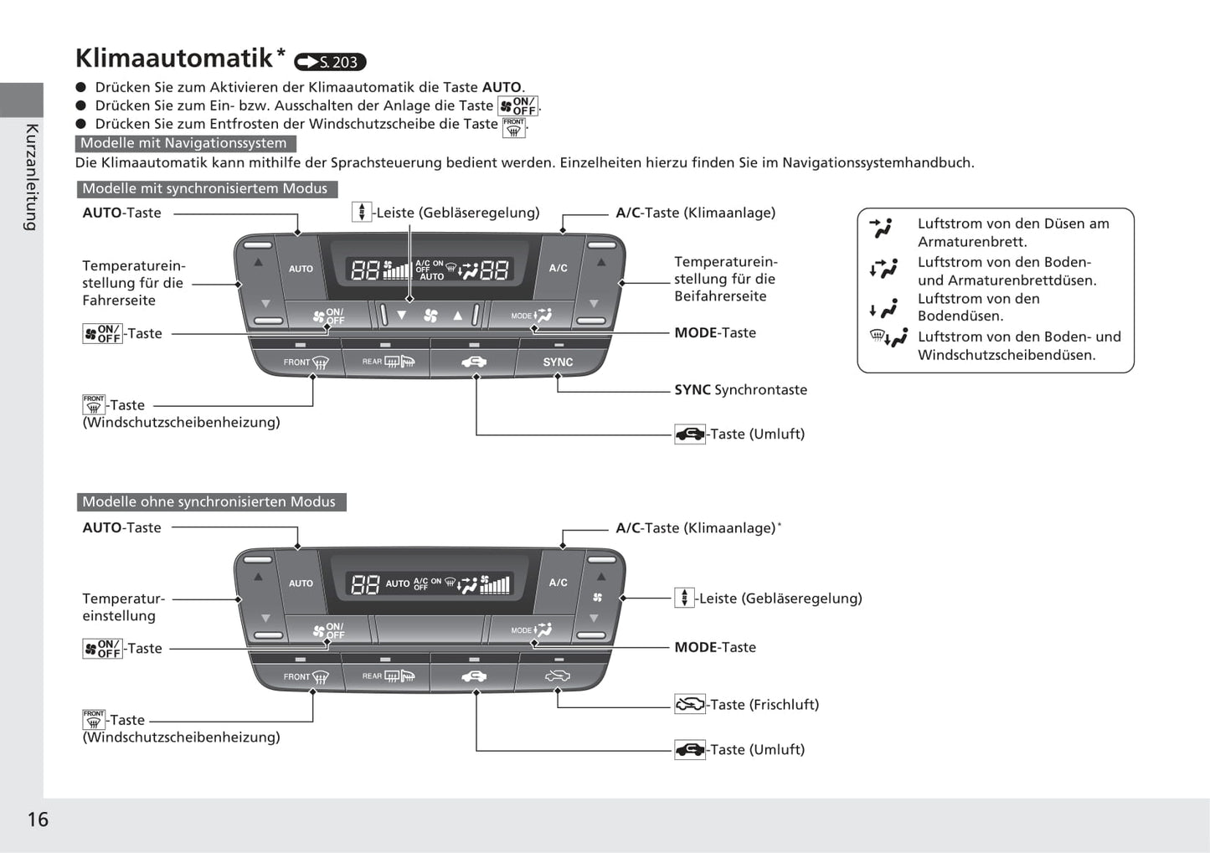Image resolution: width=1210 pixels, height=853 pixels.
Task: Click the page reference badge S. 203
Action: click(x=331, y=62)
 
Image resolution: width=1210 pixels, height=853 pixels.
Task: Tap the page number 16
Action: click(x=38, y=819)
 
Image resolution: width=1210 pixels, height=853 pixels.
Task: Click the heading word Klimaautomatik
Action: click(x=174, y=58)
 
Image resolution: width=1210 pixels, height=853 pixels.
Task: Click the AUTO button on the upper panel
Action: click(x=301, y=269)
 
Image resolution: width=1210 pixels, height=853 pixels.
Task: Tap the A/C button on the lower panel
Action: click(x=558, y=583)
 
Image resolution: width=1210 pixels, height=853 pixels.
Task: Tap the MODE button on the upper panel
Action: click(x=532, y=316)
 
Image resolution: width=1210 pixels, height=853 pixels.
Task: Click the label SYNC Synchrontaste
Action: click(x=740, y=389)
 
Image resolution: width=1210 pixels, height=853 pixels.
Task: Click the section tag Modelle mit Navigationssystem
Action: click(x=183, y=143)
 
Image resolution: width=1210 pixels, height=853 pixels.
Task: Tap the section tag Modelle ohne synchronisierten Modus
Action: click(x=209, y=501)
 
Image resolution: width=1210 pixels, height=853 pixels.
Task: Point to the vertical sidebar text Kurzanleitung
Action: click(x=31, y=177)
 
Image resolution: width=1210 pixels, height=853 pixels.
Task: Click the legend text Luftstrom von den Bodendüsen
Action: click(x=978, y=307)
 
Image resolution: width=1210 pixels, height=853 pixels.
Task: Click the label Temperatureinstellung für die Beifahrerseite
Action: click(x=725, y=279)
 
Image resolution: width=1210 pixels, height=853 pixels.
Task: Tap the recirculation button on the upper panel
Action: click(x=473, y=362)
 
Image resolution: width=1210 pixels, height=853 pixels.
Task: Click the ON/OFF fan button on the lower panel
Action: click(x=328, y=630)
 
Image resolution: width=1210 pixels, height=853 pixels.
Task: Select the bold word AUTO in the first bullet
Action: click(x=502, y=87)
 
